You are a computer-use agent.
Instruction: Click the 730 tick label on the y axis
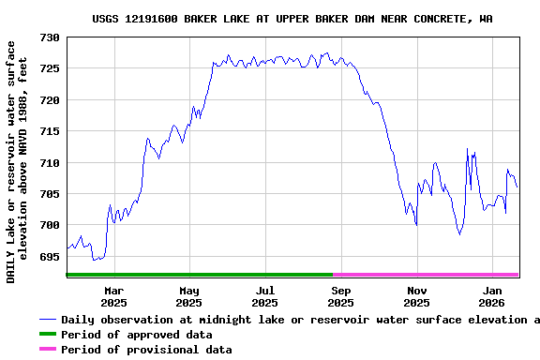tap(50, 37)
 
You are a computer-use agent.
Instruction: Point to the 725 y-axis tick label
tap(50, 68)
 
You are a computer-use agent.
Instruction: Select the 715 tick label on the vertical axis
tap(50, 131)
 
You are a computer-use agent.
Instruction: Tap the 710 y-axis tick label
tap(50, 162)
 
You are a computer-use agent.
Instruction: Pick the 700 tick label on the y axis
tap(50, 225)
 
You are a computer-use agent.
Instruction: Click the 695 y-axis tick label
tap(50, 256)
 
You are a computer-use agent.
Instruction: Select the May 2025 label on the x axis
tap(188, 296)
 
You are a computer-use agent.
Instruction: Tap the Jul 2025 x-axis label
tap(264, 296)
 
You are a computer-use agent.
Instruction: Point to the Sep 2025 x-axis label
tap(341, 296)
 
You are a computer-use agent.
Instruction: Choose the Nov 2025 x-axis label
tap(417, 296)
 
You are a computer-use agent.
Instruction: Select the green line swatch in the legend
tap(47, 335)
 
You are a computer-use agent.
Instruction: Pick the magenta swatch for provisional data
tap(47, 350)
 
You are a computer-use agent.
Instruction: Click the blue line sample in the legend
tap(47, 320)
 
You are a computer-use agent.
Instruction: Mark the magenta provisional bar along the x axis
tap(426, 275)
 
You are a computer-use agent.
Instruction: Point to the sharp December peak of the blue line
tap(467, 148)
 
